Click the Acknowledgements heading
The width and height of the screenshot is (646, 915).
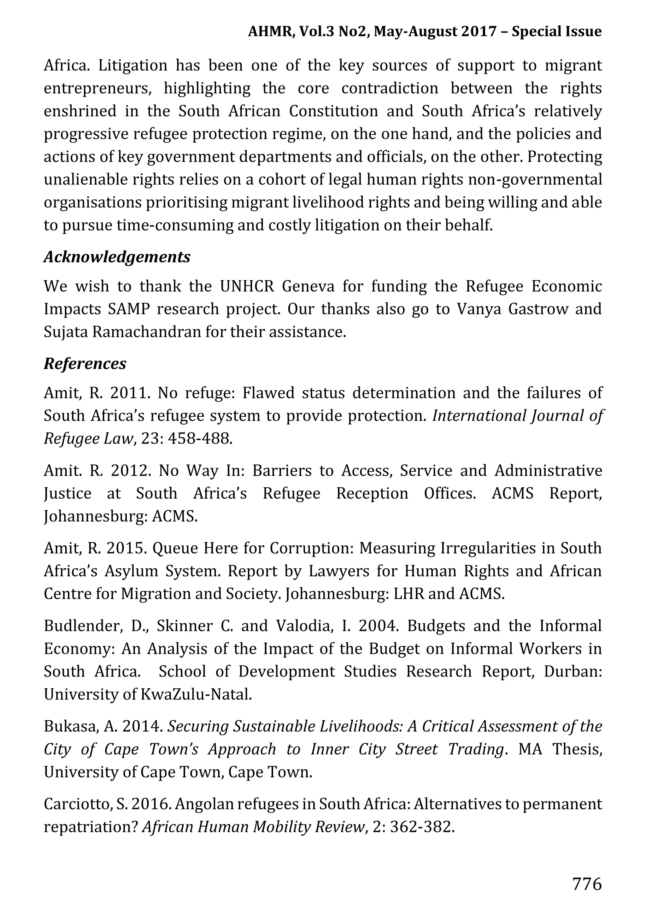pyautogui.click(x=117, y=257)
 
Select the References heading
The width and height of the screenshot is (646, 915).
pyautogui.click(x=85, y=363)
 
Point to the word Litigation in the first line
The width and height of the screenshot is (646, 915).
pyautogui.click(x=133, y=65)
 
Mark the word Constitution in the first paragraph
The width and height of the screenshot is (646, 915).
pyautogui.click(x=333, y=111)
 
